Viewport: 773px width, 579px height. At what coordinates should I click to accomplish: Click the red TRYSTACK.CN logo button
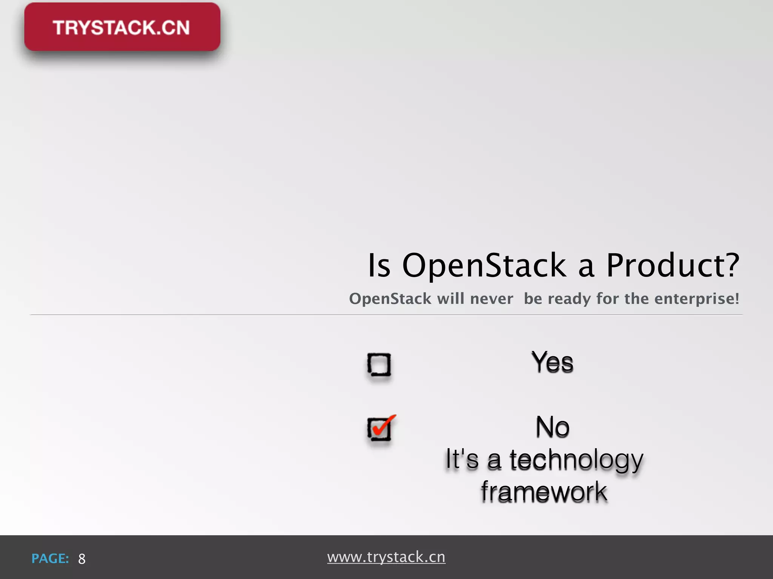click(122, 27)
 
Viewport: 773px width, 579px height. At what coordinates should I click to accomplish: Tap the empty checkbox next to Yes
click(379, 365)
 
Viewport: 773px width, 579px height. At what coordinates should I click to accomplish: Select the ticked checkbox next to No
click(379, 429)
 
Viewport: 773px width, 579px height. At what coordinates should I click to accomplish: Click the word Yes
click(552, 362)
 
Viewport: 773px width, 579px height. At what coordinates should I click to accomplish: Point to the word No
click(553, 427)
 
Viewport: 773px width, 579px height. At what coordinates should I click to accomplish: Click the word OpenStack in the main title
click(484, 265)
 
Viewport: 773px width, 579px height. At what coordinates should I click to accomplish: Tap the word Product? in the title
click(672, 265)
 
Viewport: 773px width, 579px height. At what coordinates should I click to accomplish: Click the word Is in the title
click(379, 265)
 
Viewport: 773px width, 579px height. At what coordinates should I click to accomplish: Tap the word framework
click(544, 492)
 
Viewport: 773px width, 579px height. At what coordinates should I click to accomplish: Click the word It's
click(462, 459)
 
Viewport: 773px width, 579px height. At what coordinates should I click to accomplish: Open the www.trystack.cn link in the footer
click(386, 557)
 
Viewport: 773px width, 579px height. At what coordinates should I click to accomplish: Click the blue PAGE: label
click(50, 558)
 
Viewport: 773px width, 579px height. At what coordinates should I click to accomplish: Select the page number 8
click(82, 559)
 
